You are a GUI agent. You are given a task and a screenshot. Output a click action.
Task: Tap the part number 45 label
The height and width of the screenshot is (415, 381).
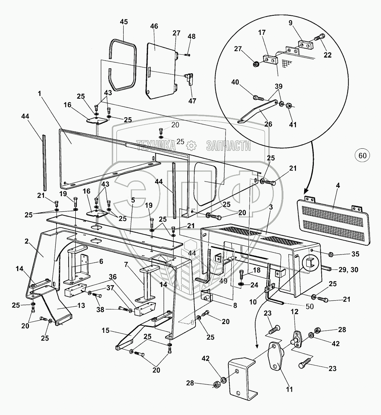124,22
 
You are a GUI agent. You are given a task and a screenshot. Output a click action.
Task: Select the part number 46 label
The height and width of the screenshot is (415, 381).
154,26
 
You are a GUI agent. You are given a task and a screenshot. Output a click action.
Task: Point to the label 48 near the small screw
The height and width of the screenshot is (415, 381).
192,36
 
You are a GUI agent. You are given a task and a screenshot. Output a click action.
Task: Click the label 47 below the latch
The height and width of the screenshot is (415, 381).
193,100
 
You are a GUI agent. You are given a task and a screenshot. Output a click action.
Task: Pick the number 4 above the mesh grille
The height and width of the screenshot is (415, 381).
338,186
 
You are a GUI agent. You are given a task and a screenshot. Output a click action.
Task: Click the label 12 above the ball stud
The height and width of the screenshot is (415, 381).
294,312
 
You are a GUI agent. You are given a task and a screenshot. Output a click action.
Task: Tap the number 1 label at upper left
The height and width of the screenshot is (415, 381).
40,93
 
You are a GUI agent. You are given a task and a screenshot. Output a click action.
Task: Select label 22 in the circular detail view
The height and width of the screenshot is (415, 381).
327,55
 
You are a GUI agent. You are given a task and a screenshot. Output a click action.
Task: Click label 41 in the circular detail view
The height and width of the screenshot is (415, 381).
293,125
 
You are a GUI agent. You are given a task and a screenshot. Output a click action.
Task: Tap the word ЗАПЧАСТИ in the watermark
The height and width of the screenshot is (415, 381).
228,145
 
